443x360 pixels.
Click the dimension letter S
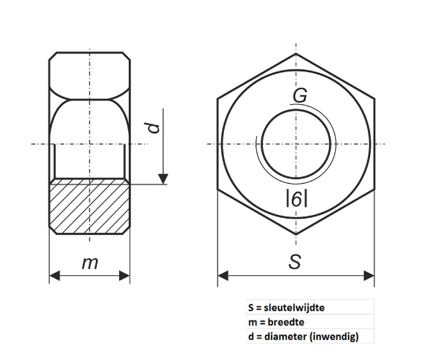[295, 262]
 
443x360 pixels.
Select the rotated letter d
[154, 127]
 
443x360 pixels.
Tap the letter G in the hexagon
[299, 97]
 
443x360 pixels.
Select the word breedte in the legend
[287, 321]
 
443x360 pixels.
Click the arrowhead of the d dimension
[163, 178]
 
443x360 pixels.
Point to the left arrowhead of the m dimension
[54, 276]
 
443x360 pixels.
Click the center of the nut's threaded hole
[296, 144]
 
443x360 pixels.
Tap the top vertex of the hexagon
[296, 54]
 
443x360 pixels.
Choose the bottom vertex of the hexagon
[296, 234]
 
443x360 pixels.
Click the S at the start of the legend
[250, 306]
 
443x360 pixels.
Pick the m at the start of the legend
[251, 322]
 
